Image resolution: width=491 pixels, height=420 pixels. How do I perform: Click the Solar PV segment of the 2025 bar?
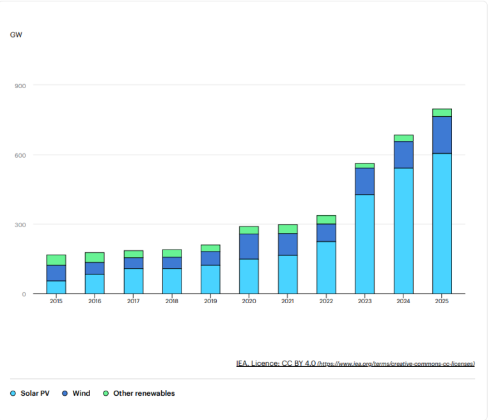pyautogui.click(x=442, y=223)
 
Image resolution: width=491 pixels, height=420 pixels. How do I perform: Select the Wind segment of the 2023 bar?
pyautogui.click(x=364, y=181)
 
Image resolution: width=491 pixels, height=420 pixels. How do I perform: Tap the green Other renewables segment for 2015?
pyautogui.click(x=56, y=260)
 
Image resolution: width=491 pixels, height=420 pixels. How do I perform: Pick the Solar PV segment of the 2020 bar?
pyautogui.click(x=249, y=276)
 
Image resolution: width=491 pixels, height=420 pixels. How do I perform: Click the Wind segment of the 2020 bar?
pyautogui.click(x=249, y=246)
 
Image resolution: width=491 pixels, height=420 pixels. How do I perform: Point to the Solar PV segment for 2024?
pyautogui.click(x=403, y=230)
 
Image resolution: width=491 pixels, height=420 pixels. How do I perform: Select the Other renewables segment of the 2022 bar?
pyautogui.click(x=326, y=220)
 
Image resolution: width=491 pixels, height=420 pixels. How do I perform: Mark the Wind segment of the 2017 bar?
pyautogui.click(x=133, y=263)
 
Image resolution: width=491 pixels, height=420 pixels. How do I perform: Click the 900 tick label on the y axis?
pyautogui.click(x=20, y=86)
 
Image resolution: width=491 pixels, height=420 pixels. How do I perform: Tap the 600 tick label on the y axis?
pyautogui.click(x=20, y=155)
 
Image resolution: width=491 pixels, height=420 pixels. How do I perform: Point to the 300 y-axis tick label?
pyautogui.click(x=20, y=225)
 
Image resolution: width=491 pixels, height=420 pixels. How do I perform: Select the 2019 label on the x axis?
pyautogui.click(x=210, y=302)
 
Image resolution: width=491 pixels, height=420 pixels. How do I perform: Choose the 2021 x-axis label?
pyautogui.click(x=287, y=302)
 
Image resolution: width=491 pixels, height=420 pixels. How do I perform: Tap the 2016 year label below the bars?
pyautogui.click(x=95, y=302)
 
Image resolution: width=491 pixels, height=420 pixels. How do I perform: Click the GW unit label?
pyautogui.click(x=16, y=34)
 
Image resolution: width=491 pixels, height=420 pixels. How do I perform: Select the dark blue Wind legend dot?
pyautogui.click(x=65, y=394)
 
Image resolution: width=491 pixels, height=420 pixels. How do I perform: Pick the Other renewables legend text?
pyautogui.click(x=144, y=394)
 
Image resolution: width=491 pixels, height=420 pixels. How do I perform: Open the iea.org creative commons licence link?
pyautogui.click(x=396, y=364)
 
